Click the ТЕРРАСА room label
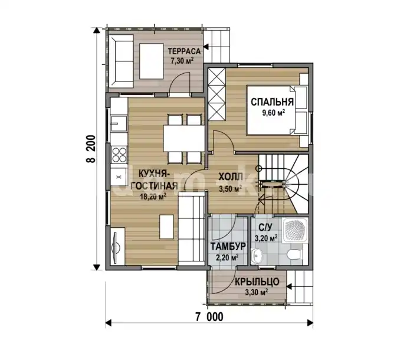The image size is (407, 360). click(x=184, y=51)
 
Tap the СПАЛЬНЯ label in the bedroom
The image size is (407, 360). click(x=272, y=102)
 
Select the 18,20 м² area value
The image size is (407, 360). click(x=153, y=197)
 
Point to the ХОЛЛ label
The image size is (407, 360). click(x=231, y=177)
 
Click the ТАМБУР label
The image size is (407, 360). click(x=228, y=247)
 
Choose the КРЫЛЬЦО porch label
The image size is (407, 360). click(x=257, y=282)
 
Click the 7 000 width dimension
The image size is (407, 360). click(x=209, y=317)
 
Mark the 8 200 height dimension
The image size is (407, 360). click(x=91, y=149)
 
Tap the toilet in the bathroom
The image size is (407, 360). click(x=295, y=254)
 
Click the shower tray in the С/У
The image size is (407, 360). click(x=296, y=230)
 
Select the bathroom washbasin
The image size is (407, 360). click(x=257, y=256)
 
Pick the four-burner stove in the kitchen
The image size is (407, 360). click(x=119, y=154)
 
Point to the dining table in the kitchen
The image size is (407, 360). click(x=184, y=139)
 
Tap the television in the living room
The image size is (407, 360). click(x=116, y=246)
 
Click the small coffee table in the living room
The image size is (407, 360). click(x=167, y=227)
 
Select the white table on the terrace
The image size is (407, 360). click(x=152, y=61)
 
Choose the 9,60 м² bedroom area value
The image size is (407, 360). click(x=274, y=113)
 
